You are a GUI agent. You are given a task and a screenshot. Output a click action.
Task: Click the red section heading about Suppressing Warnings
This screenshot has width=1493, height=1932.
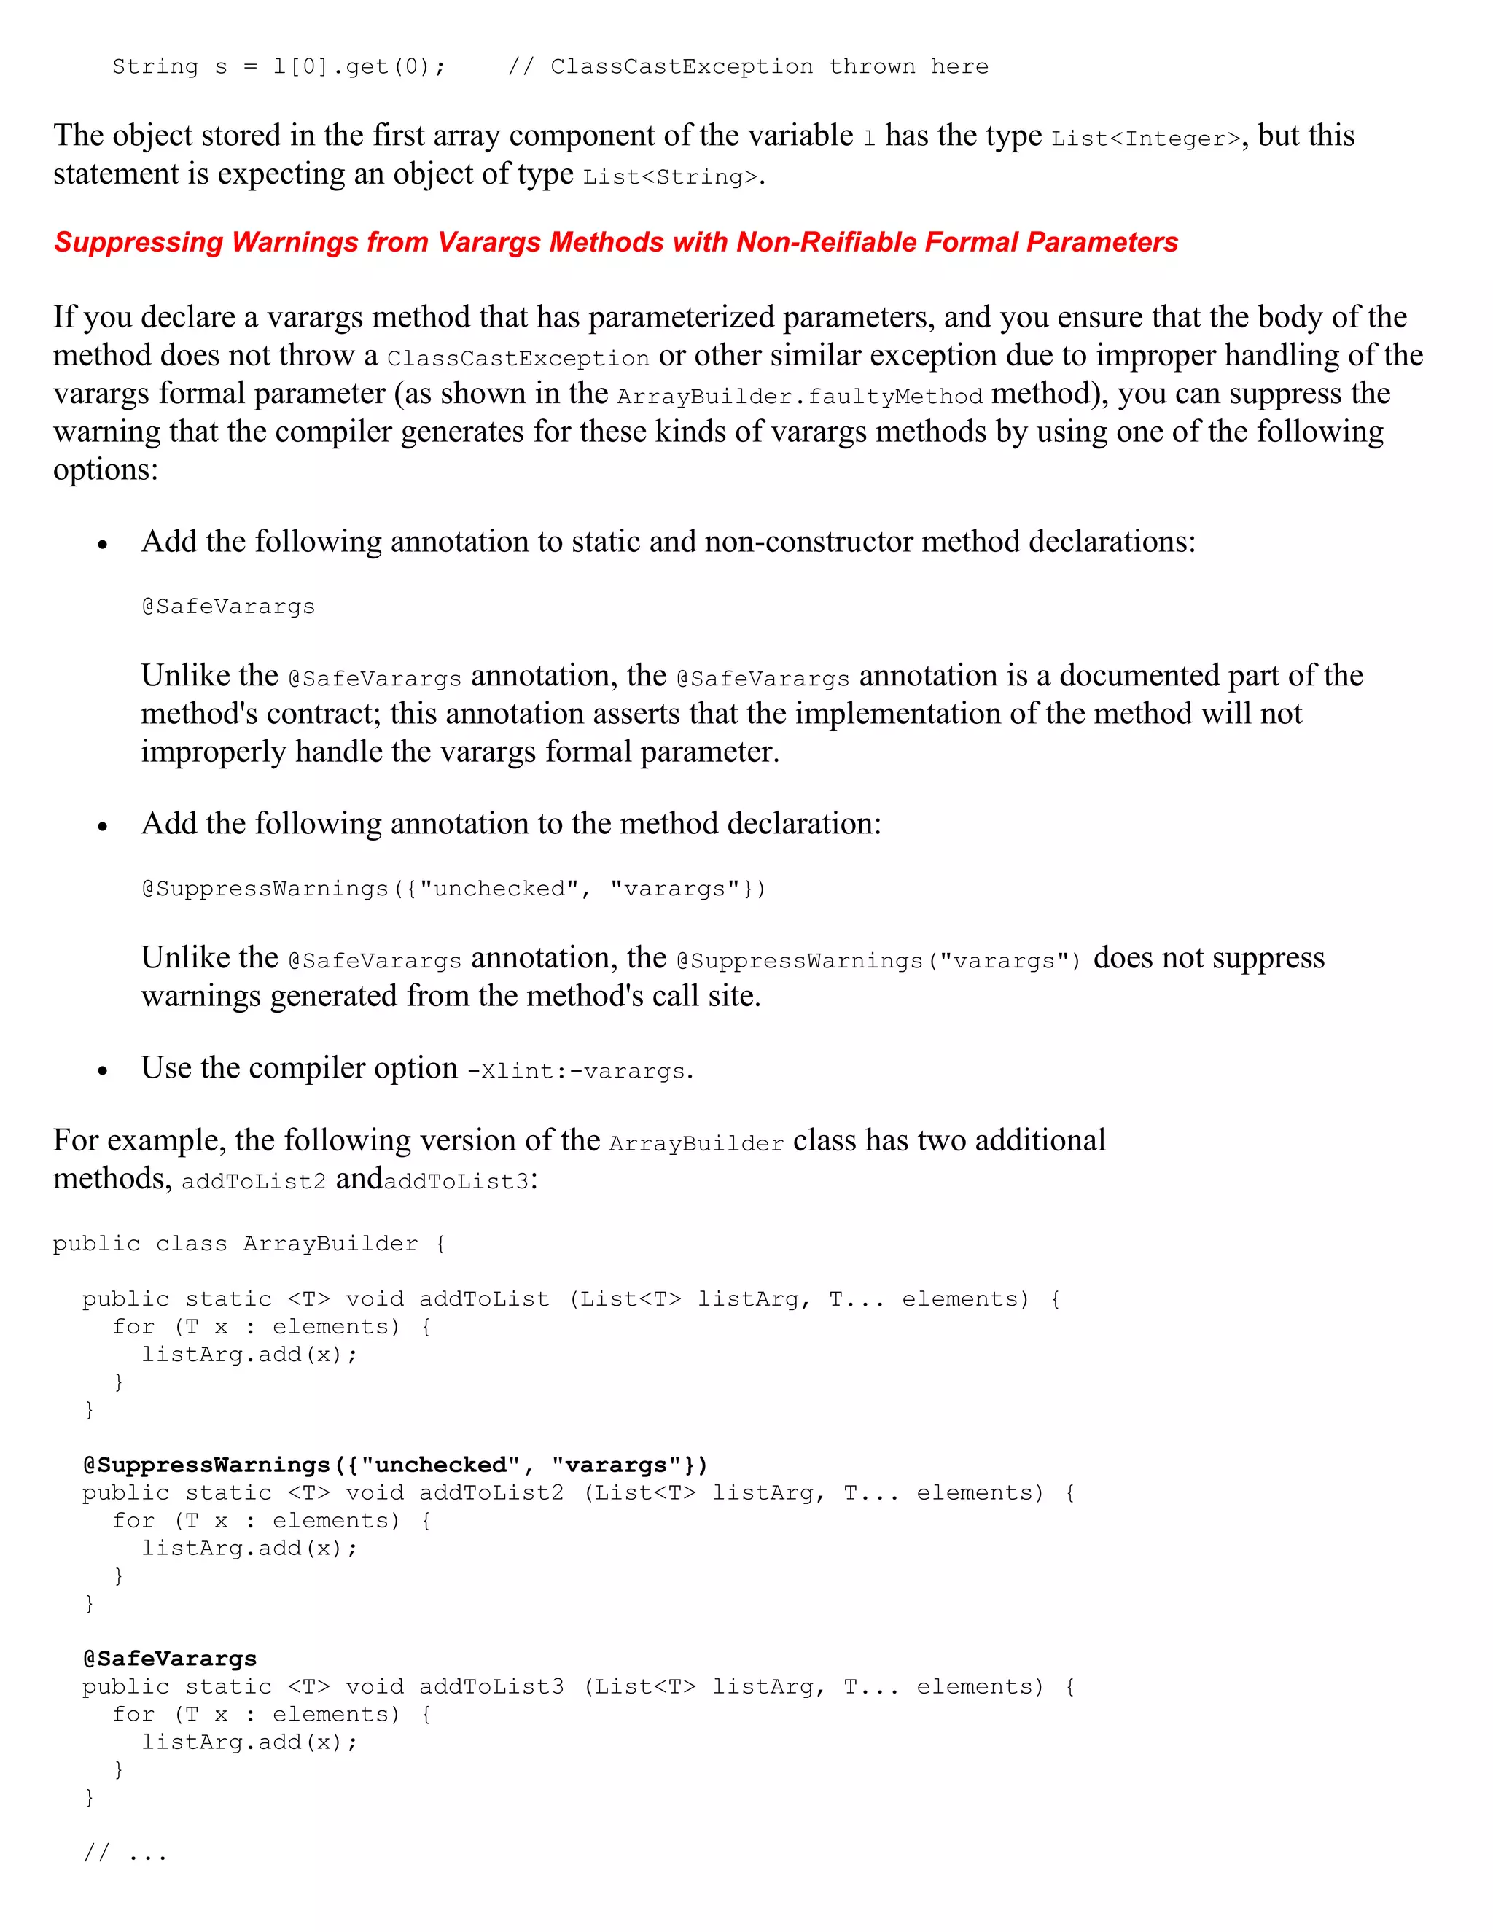615,242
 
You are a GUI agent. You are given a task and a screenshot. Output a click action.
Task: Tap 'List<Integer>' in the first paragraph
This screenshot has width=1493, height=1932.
1145,139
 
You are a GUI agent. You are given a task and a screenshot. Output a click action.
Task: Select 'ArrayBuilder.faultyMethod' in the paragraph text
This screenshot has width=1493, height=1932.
800,397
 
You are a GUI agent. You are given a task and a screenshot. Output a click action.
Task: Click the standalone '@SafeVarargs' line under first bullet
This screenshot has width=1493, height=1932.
228,607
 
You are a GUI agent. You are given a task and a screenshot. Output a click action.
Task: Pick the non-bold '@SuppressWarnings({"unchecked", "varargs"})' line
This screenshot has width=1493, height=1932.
453,889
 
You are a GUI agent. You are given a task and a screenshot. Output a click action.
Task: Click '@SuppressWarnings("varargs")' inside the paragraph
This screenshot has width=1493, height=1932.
878,962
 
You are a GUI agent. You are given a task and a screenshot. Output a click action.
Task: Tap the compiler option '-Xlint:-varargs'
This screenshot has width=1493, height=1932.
577,1071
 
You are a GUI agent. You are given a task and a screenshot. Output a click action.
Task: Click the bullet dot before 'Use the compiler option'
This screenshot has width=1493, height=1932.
103,1071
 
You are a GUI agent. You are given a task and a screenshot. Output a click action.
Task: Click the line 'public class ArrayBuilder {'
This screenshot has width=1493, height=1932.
249,1244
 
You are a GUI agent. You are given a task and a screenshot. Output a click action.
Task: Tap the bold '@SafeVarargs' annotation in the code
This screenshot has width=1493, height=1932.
170,1659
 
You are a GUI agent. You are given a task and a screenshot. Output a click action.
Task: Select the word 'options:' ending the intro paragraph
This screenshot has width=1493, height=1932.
105,470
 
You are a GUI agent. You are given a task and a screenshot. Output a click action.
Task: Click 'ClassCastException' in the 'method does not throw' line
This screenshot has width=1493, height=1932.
518,358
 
